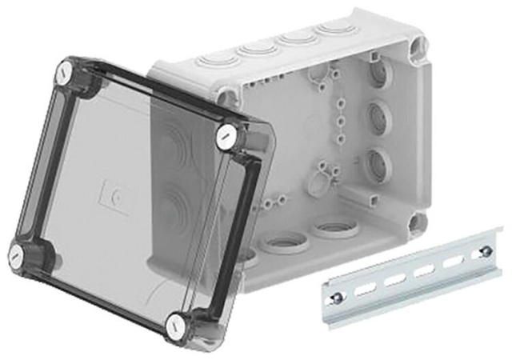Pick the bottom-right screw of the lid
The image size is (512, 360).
[x=176, y=325]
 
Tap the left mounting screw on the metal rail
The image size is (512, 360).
[x=341, y=299]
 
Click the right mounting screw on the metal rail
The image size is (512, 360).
[x=482, y=254]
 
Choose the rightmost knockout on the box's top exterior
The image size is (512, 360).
[x=330, y=30]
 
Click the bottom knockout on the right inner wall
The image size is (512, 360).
[x=374, y=165]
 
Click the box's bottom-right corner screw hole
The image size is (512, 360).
[x=416, y=221]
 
